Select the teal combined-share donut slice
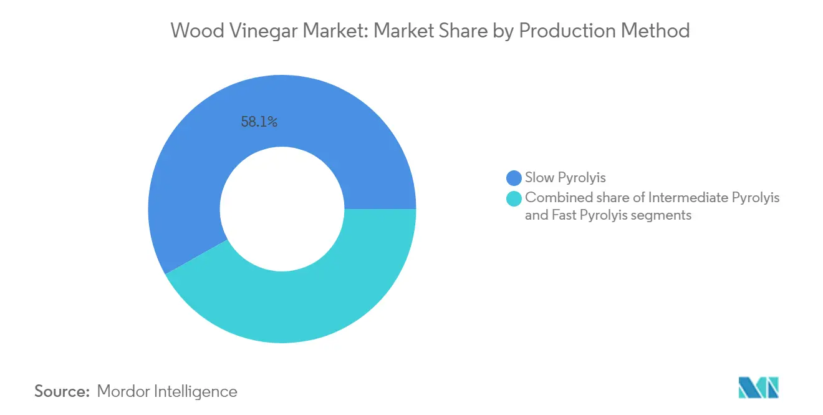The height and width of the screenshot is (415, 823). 312,300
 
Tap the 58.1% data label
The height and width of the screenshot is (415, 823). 259,122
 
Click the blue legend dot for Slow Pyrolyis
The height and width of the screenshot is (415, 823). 514,178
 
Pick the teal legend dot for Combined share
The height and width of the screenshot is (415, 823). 514,199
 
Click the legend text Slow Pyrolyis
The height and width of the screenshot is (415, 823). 566,178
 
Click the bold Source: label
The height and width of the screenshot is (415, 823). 62,392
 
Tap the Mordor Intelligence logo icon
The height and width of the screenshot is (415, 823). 758,388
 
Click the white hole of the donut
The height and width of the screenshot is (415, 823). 282,209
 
